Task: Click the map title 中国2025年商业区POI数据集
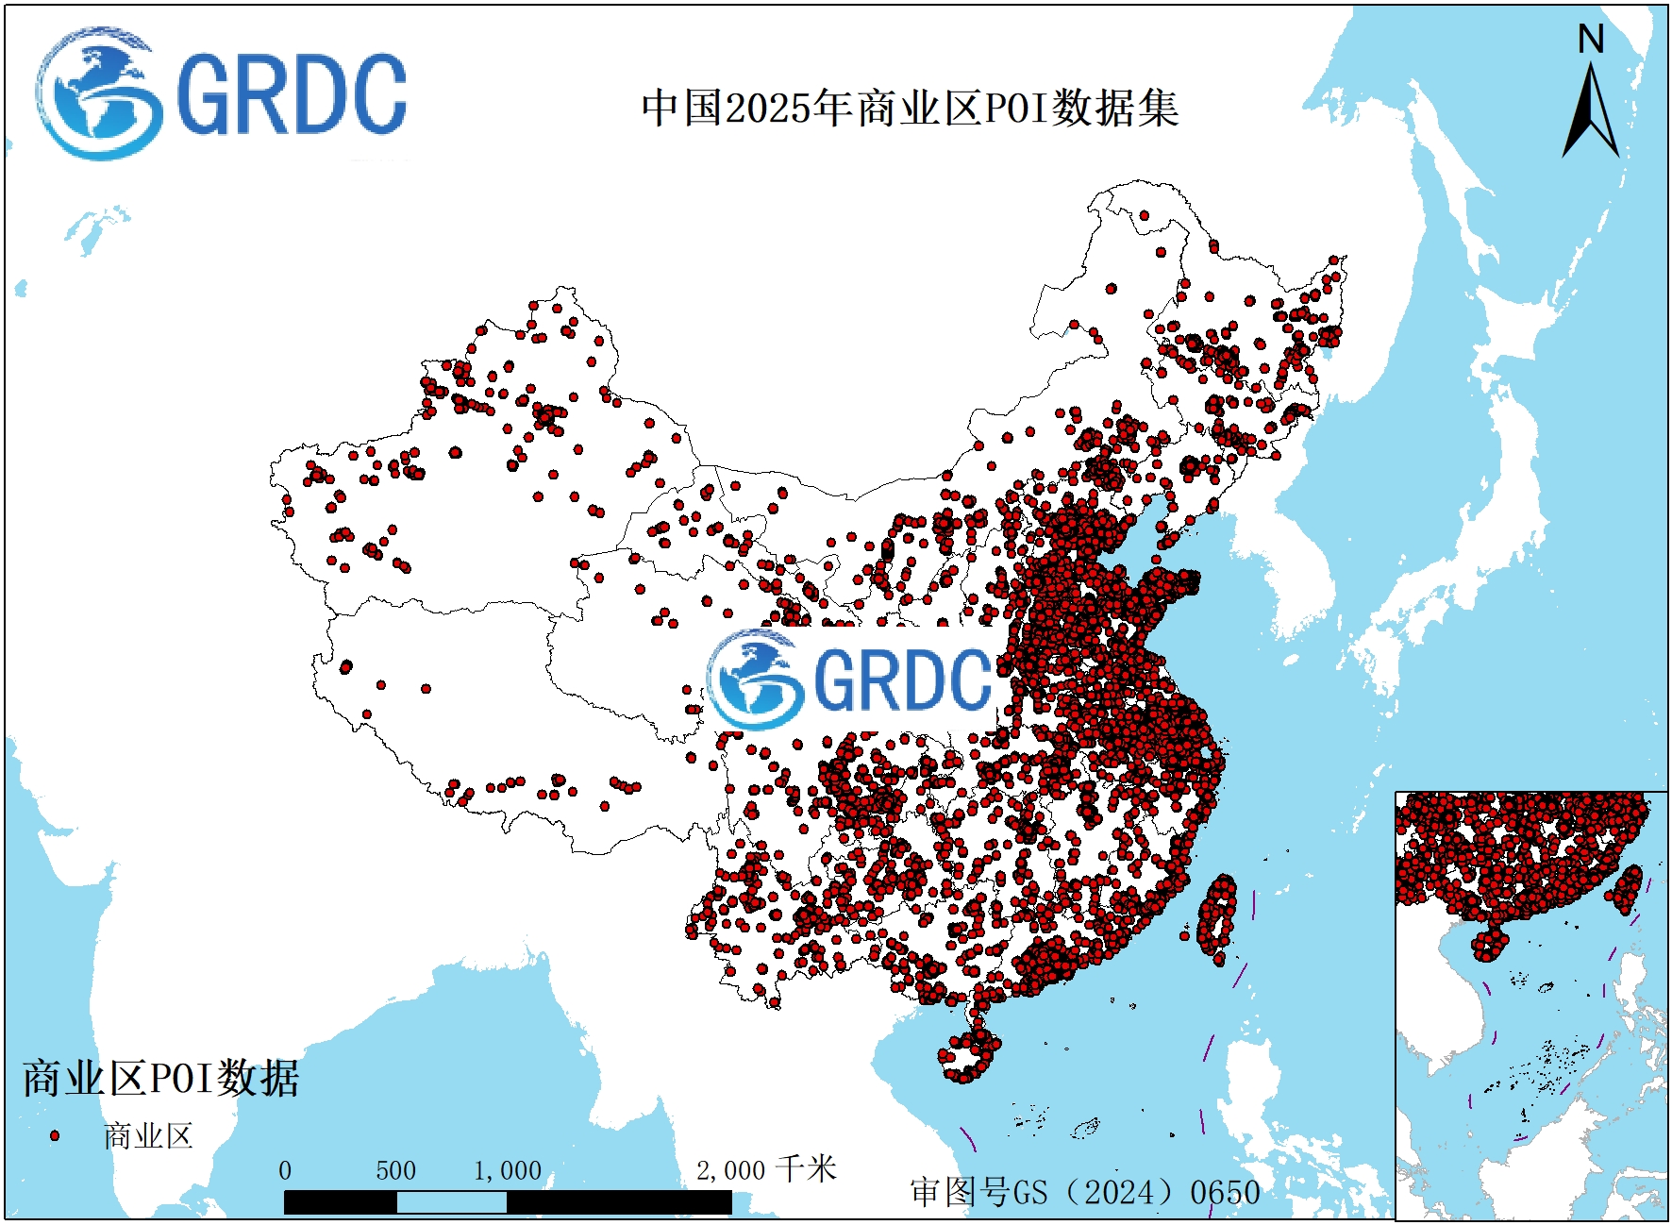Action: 910,108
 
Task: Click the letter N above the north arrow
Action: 1591,40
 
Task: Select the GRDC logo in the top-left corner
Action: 223,94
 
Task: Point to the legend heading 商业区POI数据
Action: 160,1078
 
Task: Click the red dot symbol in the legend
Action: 55,1135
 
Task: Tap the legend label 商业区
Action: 148,1135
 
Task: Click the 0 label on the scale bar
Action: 285,1170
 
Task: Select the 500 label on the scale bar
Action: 395,1170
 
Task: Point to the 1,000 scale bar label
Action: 508,1170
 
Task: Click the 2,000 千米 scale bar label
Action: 765,1169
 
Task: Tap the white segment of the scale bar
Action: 451,1202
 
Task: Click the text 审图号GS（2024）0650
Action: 1085,1192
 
